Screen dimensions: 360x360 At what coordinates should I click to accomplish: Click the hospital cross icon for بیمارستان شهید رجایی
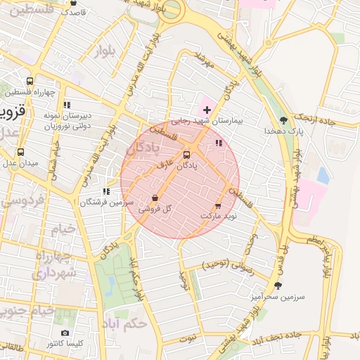[x=207, y=110]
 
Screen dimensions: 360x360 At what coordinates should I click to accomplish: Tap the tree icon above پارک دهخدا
[x=283, y=120]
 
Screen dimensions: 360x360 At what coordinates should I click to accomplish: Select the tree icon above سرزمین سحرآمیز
[x=278, y=285]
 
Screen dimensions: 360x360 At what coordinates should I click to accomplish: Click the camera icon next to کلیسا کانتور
[x=65, y=333]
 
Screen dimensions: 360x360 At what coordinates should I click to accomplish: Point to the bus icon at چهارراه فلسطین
[x=29, y=81]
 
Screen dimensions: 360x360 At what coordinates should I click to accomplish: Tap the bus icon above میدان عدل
[x=20, y=152]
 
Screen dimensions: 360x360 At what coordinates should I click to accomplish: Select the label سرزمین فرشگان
[x=105, y=202]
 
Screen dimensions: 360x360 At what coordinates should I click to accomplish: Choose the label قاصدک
[x=73, y=13]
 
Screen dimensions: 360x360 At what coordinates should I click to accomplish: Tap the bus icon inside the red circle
[x=186, y=155]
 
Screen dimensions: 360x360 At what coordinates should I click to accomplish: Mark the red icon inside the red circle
[x=219, y=143]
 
